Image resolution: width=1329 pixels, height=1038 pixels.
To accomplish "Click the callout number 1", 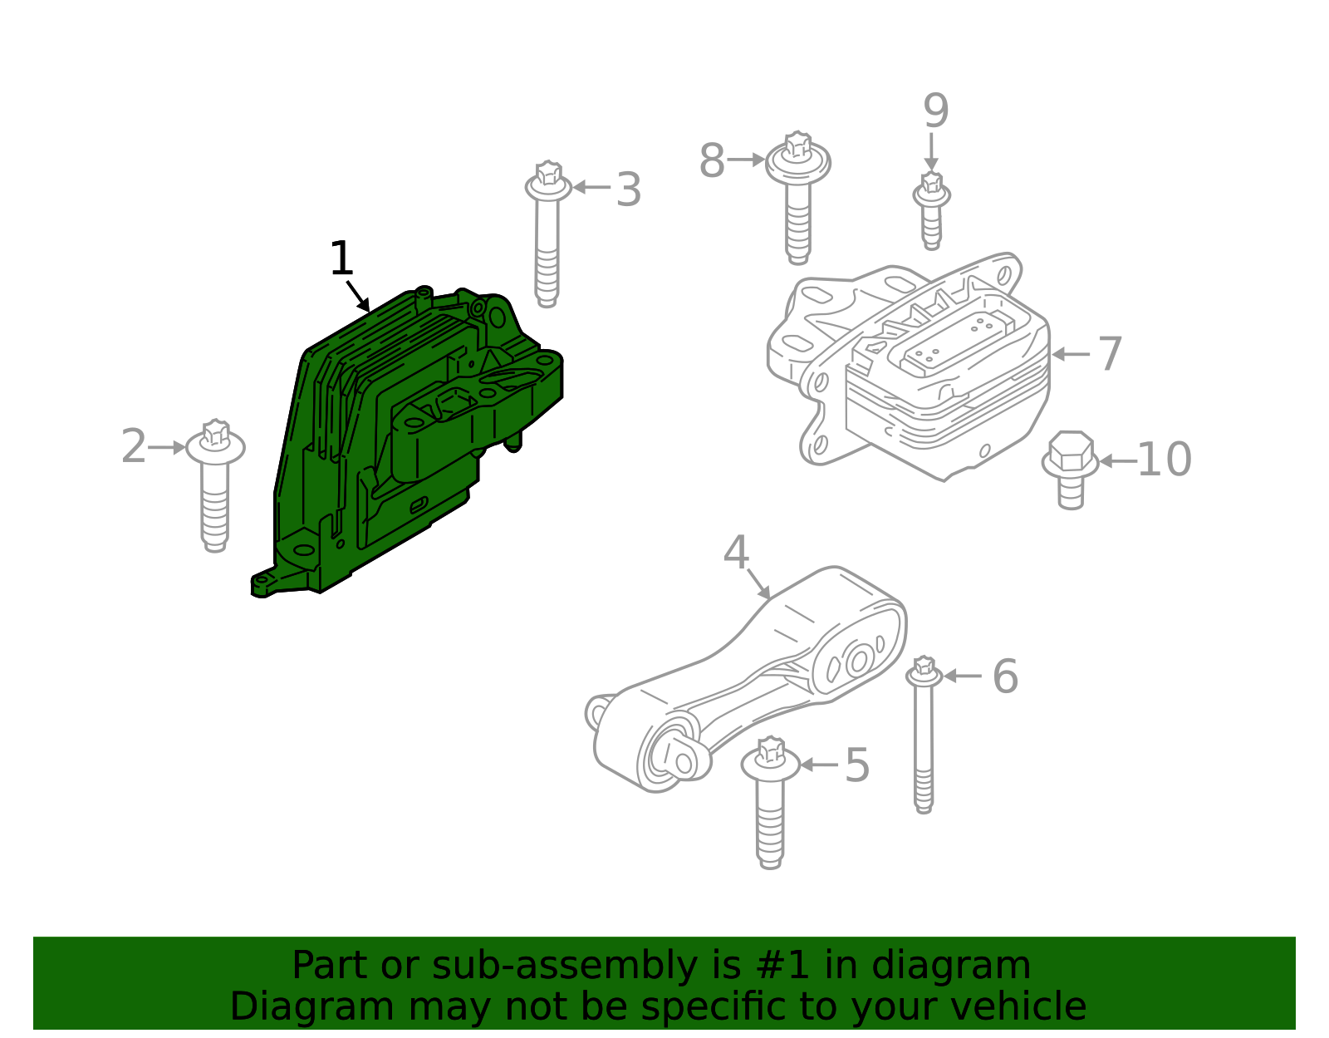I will (x=341, y=259).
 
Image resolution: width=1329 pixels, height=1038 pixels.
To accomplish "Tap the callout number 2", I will (x=133, y=447).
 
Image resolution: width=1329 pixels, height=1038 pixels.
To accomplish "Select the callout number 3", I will (x=629, y=189).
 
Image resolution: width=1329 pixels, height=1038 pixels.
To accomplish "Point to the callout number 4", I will (x=736, y=553).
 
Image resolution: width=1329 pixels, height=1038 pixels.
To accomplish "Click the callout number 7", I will (x=1111, y=354).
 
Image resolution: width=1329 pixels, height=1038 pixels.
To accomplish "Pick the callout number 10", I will (x=1164, y=460).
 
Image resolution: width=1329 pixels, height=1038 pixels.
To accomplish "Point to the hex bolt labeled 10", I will (x=1071, y=467).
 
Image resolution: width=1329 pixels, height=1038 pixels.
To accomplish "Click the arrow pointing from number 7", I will (x=1072, y=354).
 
